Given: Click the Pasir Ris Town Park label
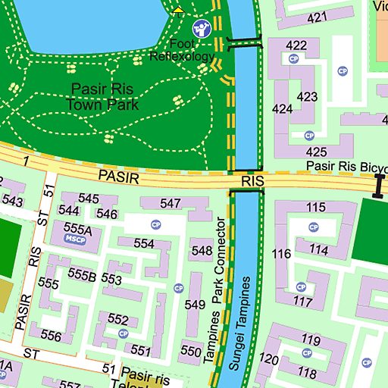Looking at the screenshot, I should [x=102, y=96].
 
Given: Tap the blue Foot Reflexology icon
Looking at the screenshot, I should [x=201, y=28].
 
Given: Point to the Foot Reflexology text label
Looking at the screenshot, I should [x=182, y=50].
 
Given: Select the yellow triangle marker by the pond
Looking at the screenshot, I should [x=178, y=9].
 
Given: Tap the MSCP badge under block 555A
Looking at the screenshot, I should [x=76, y=239].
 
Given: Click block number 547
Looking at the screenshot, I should [x=171, y=203].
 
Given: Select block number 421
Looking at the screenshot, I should [x=317, y=17].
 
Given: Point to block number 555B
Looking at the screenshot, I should [x=82, y=274].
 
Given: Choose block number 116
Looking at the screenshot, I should [x=281, y=254].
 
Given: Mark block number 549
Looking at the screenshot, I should [x=195, y=305].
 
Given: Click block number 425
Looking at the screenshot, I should [x=316, y=152].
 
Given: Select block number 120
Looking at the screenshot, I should [x=269, y=358].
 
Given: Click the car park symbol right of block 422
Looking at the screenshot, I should [x=343, y=70].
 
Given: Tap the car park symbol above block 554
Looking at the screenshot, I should [x=156, y=225].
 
